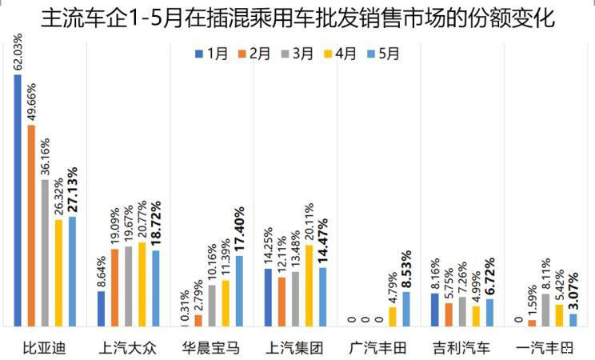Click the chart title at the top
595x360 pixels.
[297, 18]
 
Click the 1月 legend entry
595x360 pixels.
[212, 54]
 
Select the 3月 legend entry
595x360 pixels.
[298, 54]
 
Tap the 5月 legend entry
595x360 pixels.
[383, 54]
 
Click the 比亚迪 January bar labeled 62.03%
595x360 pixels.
[18, 200]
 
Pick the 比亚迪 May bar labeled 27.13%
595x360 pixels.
[72, 271]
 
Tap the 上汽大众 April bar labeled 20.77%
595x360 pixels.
[142, 284]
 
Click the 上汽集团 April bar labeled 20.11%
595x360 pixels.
[309, 286]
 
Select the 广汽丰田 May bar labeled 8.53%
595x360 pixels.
[405, 309]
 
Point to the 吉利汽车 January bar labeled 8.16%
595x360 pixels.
[434, 310]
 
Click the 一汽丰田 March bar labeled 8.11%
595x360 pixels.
[545, 310]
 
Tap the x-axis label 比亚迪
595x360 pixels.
[46, 347]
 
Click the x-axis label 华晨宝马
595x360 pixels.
[210, 347]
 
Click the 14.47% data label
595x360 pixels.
[323, 240]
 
